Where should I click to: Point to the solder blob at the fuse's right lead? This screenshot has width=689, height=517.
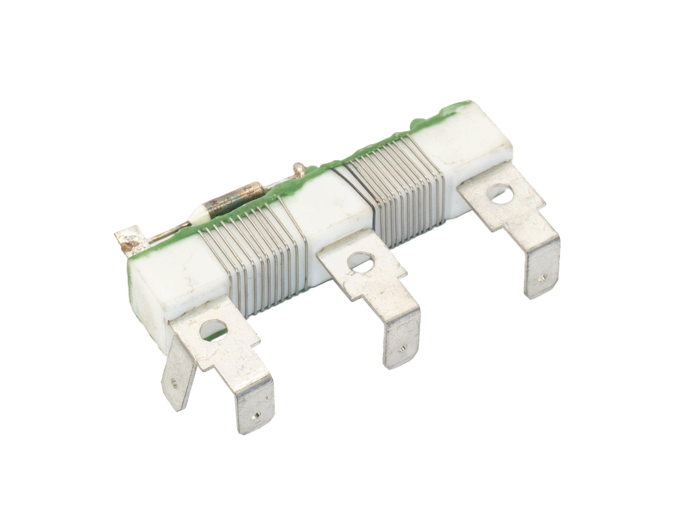pyautogui.click(x=298, y=169)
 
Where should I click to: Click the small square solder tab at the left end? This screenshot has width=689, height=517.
pyautogui.click(x=131, y=241)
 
